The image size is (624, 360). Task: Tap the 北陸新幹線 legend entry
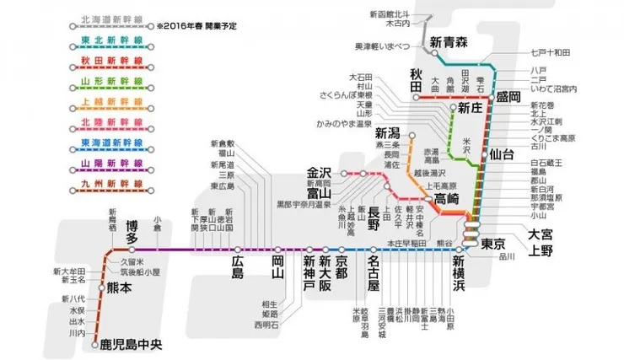[x=107, y=121]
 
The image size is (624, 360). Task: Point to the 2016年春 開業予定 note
[x=196, y=26]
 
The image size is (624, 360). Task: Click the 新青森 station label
[x=448, y=42]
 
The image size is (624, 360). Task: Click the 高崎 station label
[x=444, y=199]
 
